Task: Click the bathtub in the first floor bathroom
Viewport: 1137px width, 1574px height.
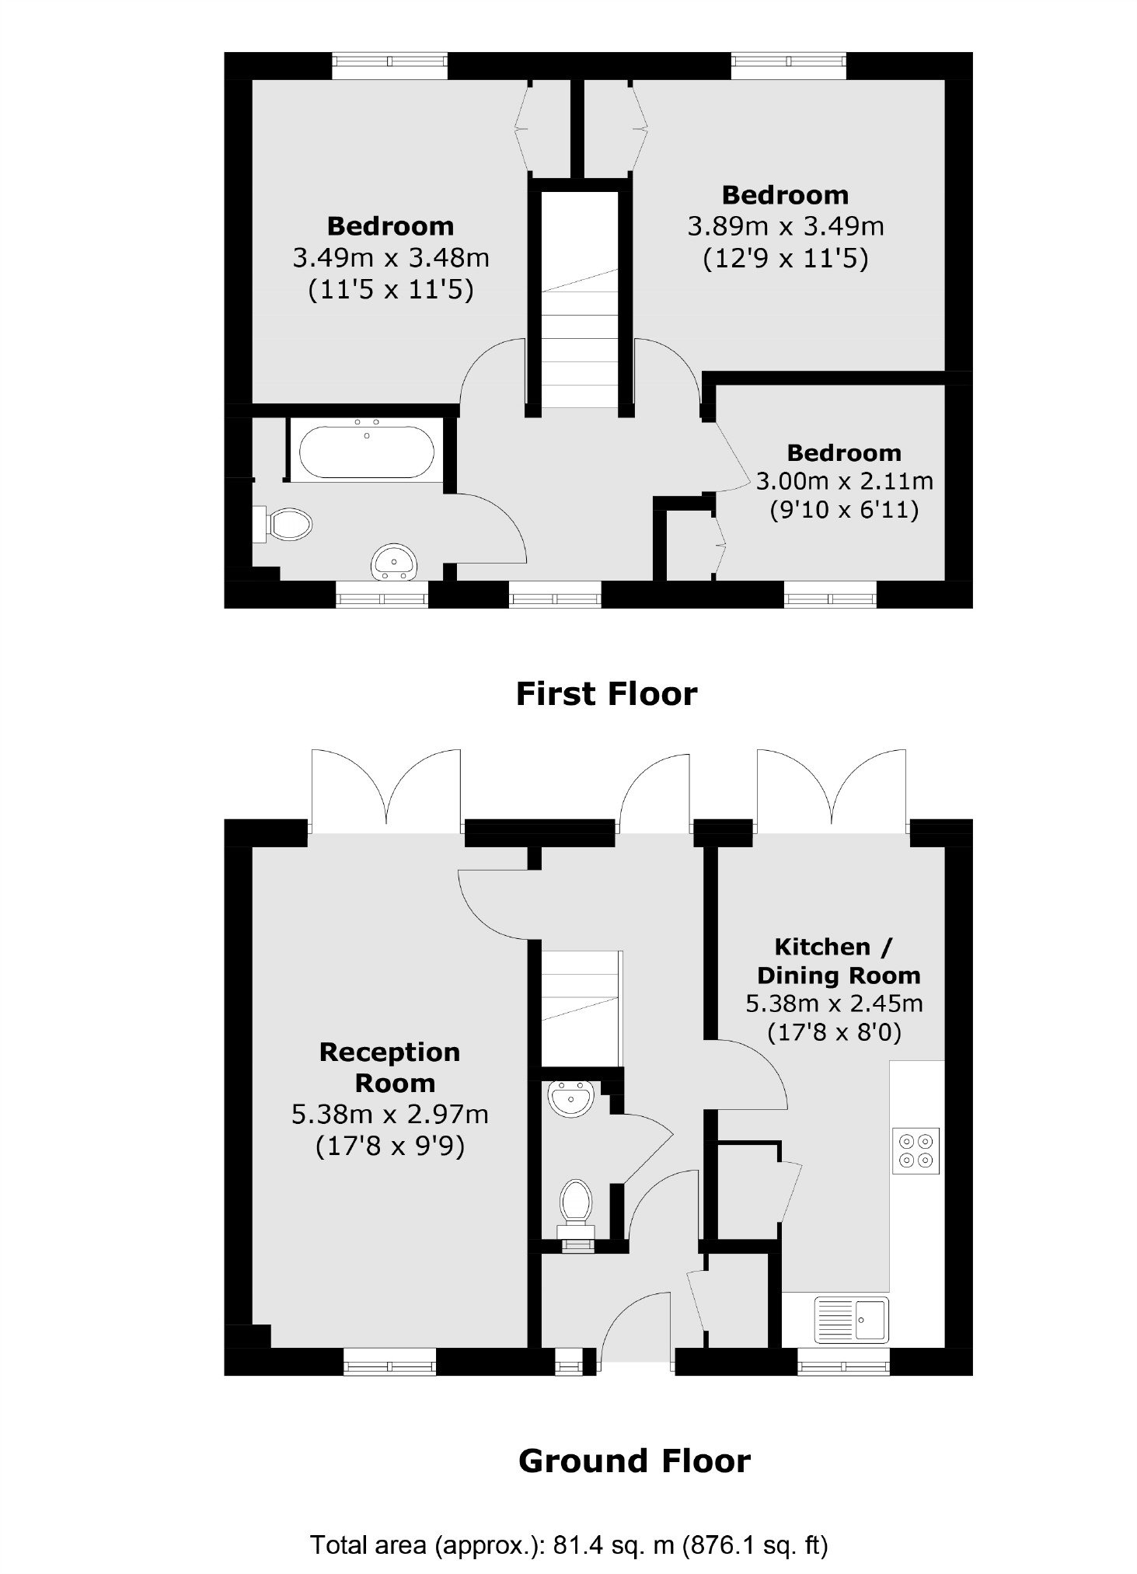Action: click(x=367, y=451)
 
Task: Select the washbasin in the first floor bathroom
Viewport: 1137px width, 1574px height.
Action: click(x=396, y=562)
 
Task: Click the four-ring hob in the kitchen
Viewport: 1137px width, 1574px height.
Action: click(x=916, y=1150)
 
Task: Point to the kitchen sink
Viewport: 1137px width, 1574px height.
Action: click(x=850, y=1318)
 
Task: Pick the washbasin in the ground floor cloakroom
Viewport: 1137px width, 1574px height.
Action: click(x=571, y=1099)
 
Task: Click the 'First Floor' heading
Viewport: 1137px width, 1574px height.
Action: click(x=606, y=693)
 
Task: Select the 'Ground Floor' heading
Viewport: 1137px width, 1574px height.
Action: click(x=634, y=1461)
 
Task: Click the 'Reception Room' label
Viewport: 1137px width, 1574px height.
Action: click(x=391, y=1067)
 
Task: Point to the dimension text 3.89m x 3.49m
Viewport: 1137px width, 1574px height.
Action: click(x=786, y=226)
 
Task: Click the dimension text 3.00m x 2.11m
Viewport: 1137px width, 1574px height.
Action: click(x=844, y=481)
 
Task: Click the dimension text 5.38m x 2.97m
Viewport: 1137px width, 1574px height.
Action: click(x=390, y=1114)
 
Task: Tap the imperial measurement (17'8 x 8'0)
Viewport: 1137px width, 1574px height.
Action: click(x=835, y=1033)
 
